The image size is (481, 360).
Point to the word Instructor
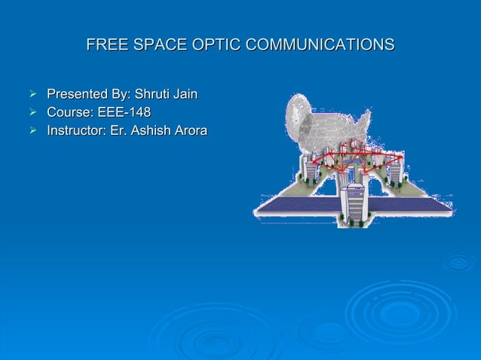coord(77,132)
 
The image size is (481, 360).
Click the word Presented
coord(78,95)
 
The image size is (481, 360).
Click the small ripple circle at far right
coord(458,262)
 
